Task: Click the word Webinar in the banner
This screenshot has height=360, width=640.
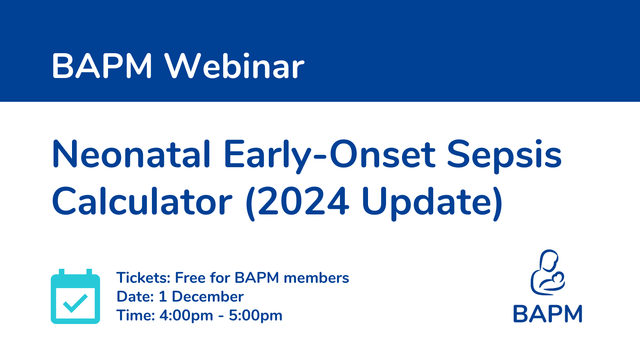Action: coord(234,66)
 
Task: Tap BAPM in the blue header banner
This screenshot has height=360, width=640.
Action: coord(102,66)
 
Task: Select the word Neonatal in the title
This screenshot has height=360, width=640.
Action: coord(131,154)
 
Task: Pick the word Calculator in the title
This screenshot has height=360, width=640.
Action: coord(142,201)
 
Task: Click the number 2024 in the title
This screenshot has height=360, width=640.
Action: coord(303,202)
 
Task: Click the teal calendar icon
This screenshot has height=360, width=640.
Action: coord(76,296)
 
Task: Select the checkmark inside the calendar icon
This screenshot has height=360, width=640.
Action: coord(76,303)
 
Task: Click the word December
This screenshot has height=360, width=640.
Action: coord(208,296)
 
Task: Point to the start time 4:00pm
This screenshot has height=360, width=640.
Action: coord(186,316)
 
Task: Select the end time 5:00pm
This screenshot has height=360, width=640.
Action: coord(256,316)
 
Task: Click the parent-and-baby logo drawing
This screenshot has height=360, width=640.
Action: coord(548,272)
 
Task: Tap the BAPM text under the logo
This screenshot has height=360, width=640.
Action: coord(548,314)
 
